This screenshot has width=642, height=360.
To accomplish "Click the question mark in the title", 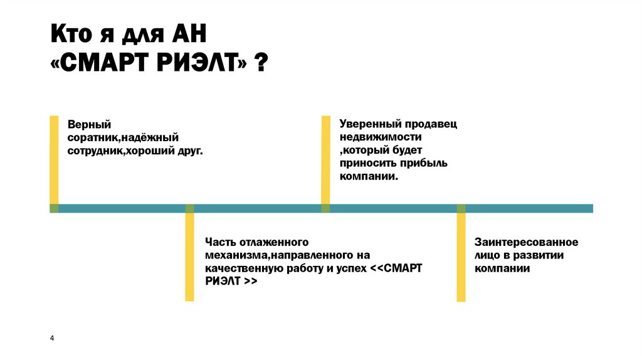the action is (258, 63).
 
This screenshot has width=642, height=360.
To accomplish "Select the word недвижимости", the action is (381, 137).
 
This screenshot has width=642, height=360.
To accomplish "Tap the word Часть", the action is (219, 241).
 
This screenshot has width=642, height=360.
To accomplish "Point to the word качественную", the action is (236, 268).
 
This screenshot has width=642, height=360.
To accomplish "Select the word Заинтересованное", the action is (526, 241).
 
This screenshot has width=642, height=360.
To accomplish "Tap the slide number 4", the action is (52, 339).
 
